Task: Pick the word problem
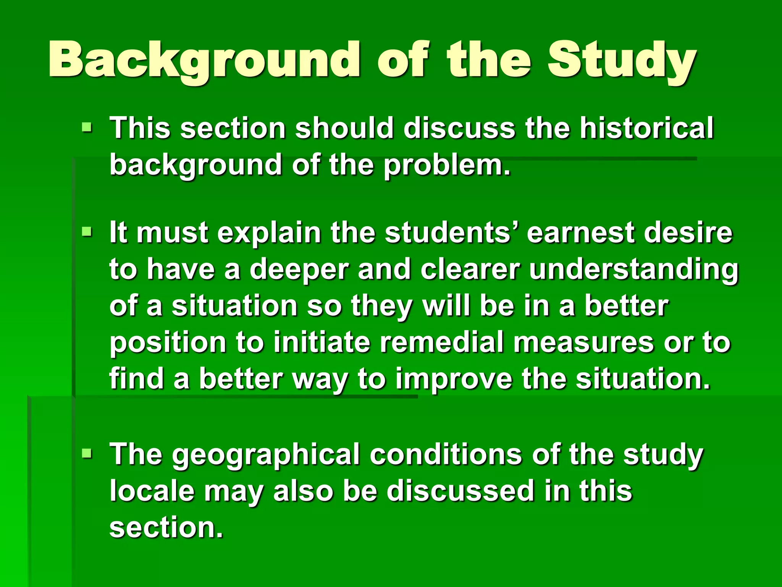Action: [447, 165]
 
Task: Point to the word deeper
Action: [299, 269]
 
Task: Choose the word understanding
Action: [634, 270]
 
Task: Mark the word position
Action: [168, 342]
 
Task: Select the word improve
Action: [454, 379]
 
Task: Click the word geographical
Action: [265, 455]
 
